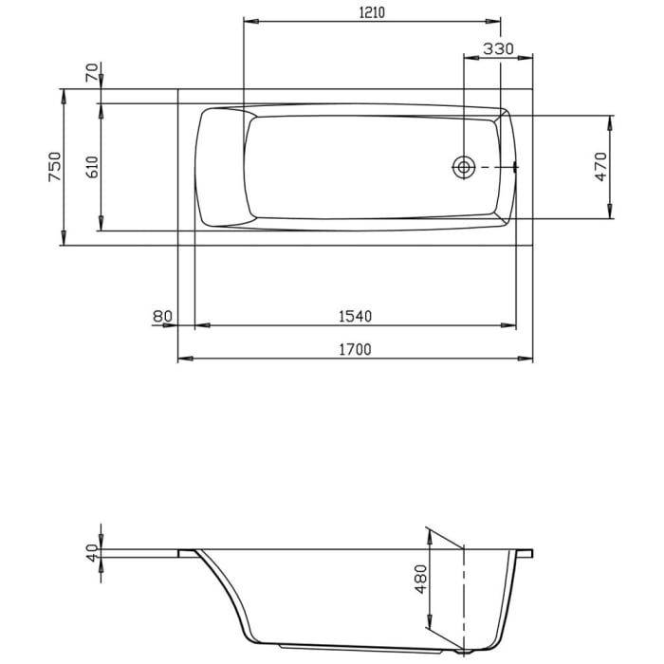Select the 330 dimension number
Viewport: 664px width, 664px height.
coord(498,48)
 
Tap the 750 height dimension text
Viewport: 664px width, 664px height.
coord(54,167)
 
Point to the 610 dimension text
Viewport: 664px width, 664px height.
coord(92,167)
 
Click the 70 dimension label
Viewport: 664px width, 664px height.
coord(92,72)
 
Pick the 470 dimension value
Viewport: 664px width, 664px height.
coord(599,167)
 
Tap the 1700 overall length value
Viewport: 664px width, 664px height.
coord(356,349)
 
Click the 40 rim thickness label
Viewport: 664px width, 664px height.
coord(92,553)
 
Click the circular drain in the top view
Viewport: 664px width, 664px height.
coord(464,167)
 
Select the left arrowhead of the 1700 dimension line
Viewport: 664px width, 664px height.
coord(184,359)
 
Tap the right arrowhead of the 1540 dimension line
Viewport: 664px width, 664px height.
coord(511,325)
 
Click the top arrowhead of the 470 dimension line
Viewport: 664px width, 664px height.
coord(612,120)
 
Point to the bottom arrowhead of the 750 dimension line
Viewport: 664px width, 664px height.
coord(65,241)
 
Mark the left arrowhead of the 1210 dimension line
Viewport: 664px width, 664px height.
coord(250,21)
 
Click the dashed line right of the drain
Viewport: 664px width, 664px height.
coord(493,167)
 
